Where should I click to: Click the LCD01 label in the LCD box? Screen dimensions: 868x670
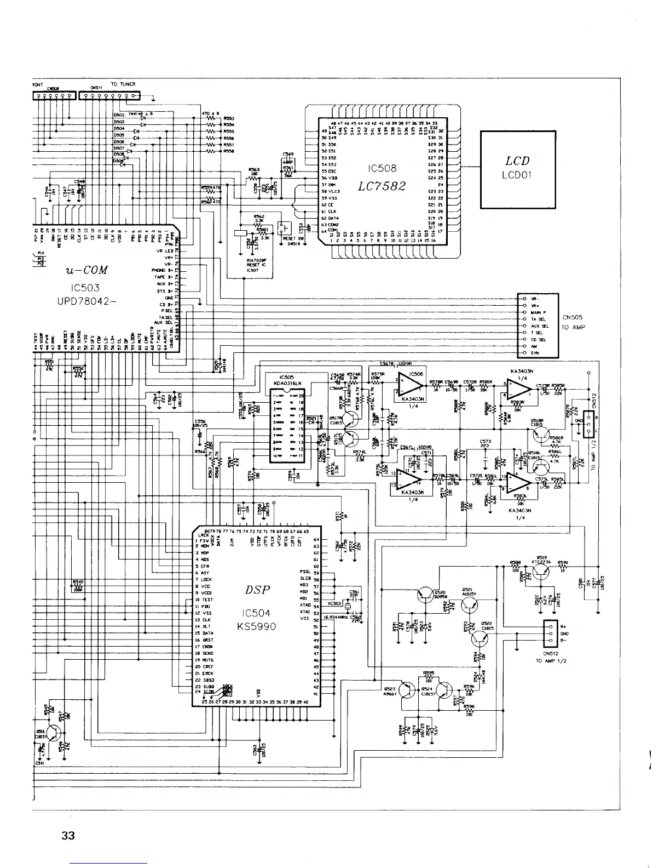517,175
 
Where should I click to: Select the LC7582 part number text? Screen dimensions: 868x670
382,186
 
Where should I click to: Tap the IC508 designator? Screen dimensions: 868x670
383,168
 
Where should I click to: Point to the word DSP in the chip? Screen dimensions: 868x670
257,590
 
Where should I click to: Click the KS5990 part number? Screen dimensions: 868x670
257,626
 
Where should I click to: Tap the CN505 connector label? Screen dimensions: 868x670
573,317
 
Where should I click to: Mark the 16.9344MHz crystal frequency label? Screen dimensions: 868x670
337,617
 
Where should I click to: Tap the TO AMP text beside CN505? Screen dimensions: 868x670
573,327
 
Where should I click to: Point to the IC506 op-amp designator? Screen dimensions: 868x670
417,374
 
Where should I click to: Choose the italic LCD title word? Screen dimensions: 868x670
517,161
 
